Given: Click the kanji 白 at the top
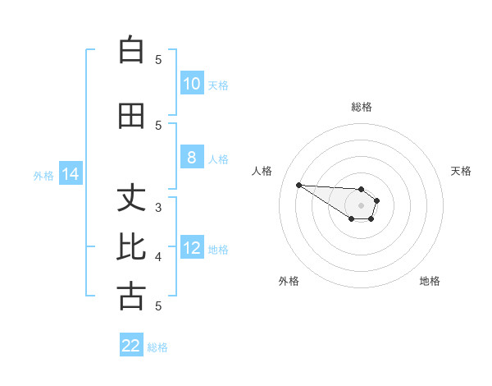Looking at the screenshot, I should pyautogui.click(x=131, y=51).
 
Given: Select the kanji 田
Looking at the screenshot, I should pyautogui.click(x=131, y=117).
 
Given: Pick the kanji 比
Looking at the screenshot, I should pyautogui.click(x=131, y=248).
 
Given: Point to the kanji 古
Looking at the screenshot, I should pyautogui.click(x=131, y=296).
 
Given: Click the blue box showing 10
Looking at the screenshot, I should pyautogui.click(x=191, y=84).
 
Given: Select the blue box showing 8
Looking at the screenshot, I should pyautogui.click(x=191, y=158).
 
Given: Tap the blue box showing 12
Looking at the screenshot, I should pyautogui.click(x=191, y=248).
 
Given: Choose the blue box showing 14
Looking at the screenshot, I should pyautogui.click(x=70, y=174).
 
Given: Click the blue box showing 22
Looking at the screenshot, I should pyautogui.click(x=131, y=346).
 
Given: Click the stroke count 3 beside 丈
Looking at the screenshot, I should pyautogui.click(x=158, y=208).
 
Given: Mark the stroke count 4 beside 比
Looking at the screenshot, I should pyautogui.click(x=158, y=257).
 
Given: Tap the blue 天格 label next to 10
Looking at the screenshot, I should pyautogui.click(x=218, y=85).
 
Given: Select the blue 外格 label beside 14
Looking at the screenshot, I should pyautogui.click(x=43, y=175).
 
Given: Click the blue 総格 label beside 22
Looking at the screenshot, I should pyautogui.click(x=158, y=347).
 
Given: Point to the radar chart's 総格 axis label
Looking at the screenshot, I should pyautogui.click(x=362, y=107).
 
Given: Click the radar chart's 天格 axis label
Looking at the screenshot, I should pyautogui.click(x=462, y=171).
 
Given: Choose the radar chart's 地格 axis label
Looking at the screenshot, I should pyautogui.click(x=430, y=281).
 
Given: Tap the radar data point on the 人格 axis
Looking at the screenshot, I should pyautogui.click(x=298, y=185).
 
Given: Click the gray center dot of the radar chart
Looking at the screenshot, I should pyautogui.click(x=361, y=204).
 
